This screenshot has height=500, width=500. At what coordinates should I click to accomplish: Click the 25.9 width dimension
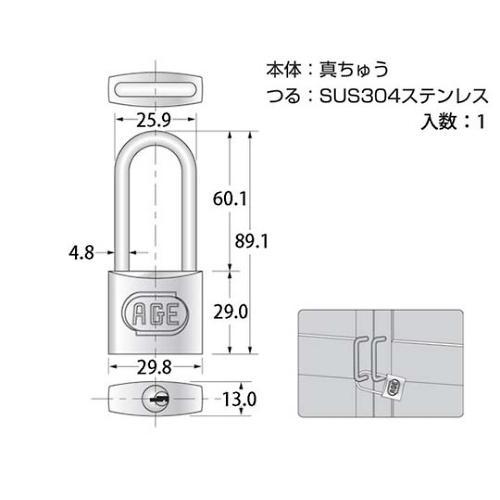(156, 121)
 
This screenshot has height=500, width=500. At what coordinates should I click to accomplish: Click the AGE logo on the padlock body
(156, 314)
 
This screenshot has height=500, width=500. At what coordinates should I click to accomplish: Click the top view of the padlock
(156, 87)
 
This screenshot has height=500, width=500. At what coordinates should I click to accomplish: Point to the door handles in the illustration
(369, 356)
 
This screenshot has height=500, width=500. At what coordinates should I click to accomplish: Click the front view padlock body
(156, 312)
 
